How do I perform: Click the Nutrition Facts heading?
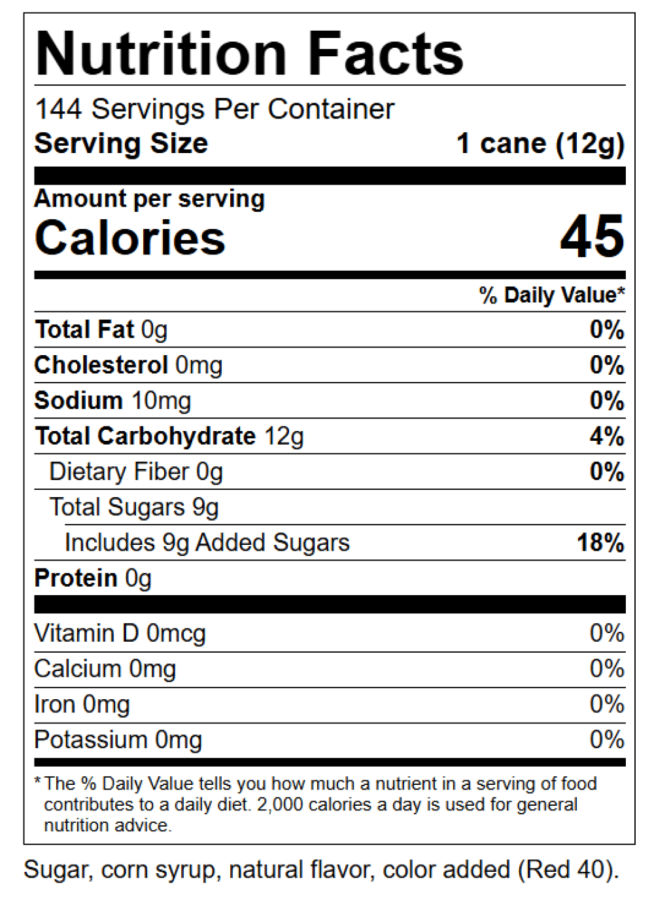coord(250,54)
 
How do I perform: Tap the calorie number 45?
coord(592,236)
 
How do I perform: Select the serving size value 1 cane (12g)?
coord(540,143)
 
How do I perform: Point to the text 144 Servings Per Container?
coord(215,109)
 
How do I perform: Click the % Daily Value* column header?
coord(551,295)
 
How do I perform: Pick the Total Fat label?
coord(84,330)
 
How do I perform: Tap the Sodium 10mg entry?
coord(112,400)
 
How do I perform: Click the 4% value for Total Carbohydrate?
coord(606,436)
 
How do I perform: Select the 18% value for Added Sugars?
coord(600,542)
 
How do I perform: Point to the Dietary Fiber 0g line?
coord(136,472)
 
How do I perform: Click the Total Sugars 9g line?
coord(134,507)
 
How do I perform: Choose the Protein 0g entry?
coord(93,578)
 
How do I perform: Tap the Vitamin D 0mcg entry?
coord(120,633)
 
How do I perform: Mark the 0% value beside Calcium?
coord(606,668)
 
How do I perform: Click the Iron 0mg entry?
coord(82,704)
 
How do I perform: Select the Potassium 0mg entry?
coord(118,740)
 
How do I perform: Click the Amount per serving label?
coord(150,199)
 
